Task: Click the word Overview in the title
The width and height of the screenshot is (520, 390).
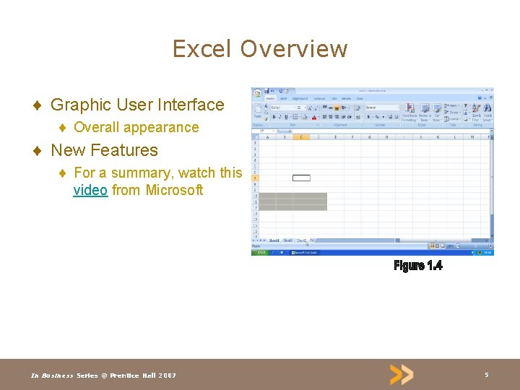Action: click(294, 49)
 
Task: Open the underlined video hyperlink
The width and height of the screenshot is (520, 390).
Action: click(90, 191)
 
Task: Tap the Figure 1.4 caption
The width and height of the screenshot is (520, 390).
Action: click(418, 266)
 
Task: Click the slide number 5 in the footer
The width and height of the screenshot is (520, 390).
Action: click(486, 375)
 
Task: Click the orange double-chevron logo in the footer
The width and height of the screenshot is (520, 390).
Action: click(402, 374)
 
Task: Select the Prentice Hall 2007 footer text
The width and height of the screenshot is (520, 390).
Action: click(142, 376)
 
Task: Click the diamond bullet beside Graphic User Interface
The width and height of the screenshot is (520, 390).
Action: click(37, 105)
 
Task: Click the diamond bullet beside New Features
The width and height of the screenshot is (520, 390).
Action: click(37, 151)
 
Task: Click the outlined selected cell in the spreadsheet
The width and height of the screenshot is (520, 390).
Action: click(301, 178)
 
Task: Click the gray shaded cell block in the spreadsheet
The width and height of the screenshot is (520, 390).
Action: click(292, 201)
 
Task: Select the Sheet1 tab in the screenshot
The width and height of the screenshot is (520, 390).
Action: click(274, 240)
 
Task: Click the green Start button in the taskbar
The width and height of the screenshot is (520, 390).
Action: click(259, 252)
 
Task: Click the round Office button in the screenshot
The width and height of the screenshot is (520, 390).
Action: click(256, 94)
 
